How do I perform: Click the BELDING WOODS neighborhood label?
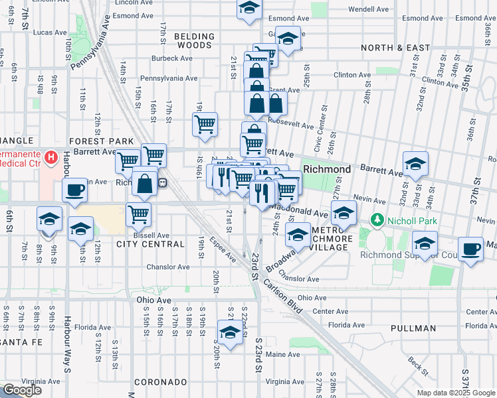click(x=195, y=41)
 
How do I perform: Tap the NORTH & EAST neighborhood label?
click(x=395, y=48)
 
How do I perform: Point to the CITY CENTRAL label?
click(x=150, y=244)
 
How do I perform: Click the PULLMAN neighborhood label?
click(x=413, y=328)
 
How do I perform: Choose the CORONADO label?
click(x=160, y=383)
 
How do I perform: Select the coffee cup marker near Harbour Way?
click(x=74, y=189)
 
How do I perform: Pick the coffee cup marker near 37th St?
click(x=471, y=248)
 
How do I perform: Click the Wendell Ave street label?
click(x=368, y=9)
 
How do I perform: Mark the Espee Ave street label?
click(x=222, y=247)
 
